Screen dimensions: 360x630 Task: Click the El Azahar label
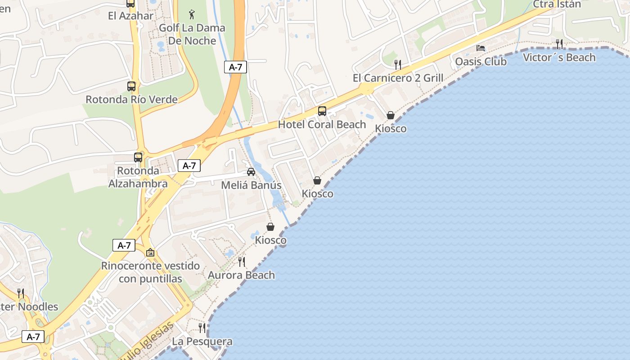tap(130, 16)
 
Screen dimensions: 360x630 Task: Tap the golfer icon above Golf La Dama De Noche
tap(192, 14)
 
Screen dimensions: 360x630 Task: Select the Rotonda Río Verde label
tap(131, 99)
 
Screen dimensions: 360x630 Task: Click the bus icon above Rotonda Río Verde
tap(131, 86)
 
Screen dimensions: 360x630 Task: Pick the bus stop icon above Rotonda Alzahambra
tap(138, 157)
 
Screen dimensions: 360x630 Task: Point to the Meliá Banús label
tap(251, 185)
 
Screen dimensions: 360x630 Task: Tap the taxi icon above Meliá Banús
tap(251, 172)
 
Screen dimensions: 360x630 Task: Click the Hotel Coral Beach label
tap(322, 125)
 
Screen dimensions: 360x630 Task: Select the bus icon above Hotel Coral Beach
tap(322, 111)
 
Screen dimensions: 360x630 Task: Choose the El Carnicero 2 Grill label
tap(398, 78)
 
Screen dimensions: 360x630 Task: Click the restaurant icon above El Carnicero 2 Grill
tap(398, 64)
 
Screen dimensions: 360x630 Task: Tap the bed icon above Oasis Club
tap(481, 48)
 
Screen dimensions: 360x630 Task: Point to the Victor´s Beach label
tap(559, 58)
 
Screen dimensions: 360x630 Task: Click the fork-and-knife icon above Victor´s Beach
tap(559, 44)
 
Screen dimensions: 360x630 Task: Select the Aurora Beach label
tap(241, 275)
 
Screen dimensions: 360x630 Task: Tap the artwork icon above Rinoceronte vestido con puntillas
tap(150, 252)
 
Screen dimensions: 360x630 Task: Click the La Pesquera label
tap(202, 342)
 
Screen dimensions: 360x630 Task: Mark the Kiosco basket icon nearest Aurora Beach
tap(270, 227)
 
